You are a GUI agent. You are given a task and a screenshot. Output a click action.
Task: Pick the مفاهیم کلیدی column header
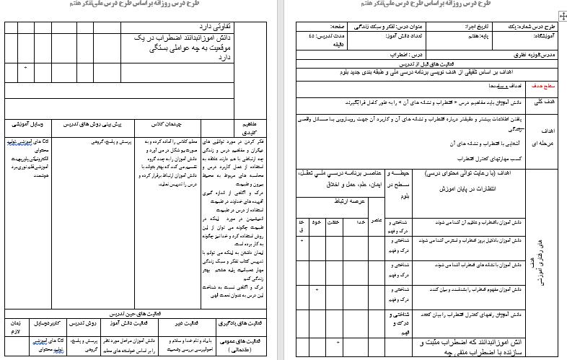coord(248,128)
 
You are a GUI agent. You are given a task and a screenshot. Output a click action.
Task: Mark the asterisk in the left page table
coord(25,68)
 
